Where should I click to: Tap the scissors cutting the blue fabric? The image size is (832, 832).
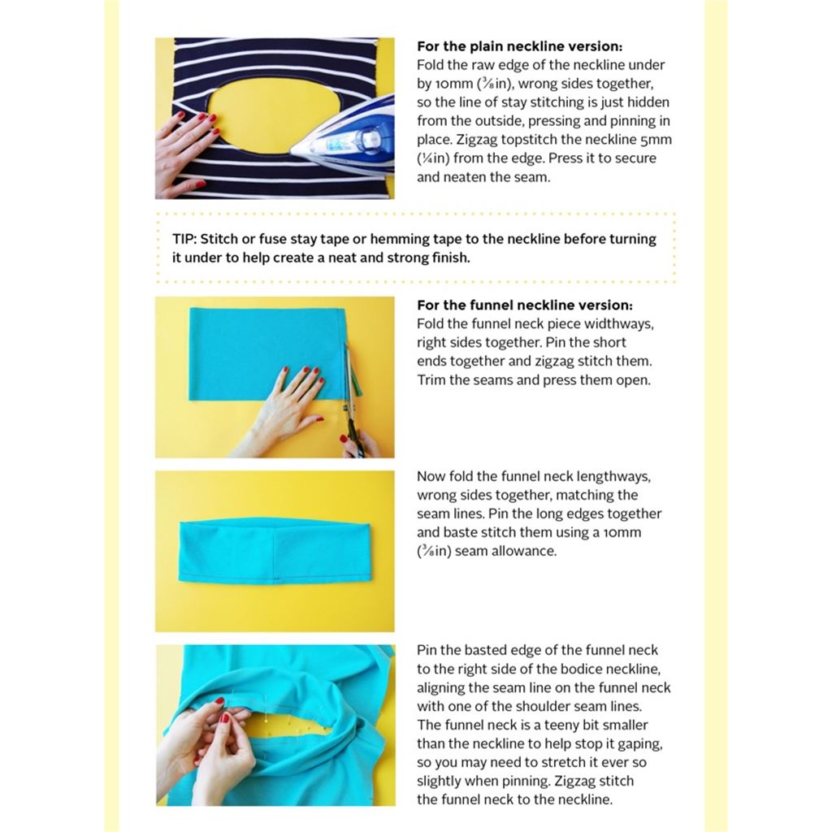pyautogui.click(x=351, y=403)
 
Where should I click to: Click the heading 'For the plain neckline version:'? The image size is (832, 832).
pyautogui.click(x=519, y=46)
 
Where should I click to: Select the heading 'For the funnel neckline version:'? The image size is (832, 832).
pyautogui.click(x=525, y=305)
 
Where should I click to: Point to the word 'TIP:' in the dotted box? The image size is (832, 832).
pyautogui.click(x=184, y=239)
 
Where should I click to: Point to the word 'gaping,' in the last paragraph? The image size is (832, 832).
pyautogui.click(x=640, y=744)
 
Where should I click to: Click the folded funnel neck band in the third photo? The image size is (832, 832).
pyautogui.click(x=275, y=552)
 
